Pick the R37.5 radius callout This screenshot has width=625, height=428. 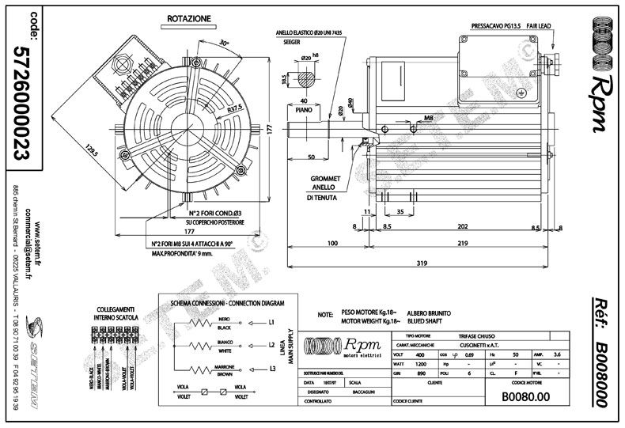pos(234,109)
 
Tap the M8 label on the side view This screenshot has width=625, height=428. pos(428,118)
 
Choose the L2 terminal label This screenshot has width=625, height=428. pos(271,346)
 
